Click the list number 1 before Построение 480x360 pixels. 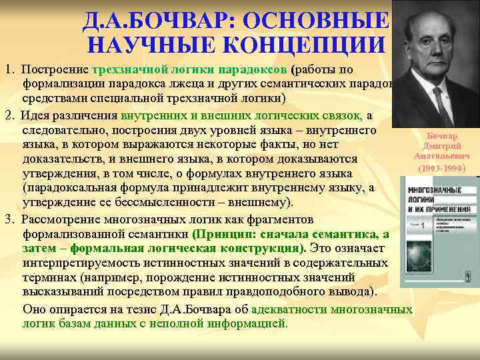point(6,70)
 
